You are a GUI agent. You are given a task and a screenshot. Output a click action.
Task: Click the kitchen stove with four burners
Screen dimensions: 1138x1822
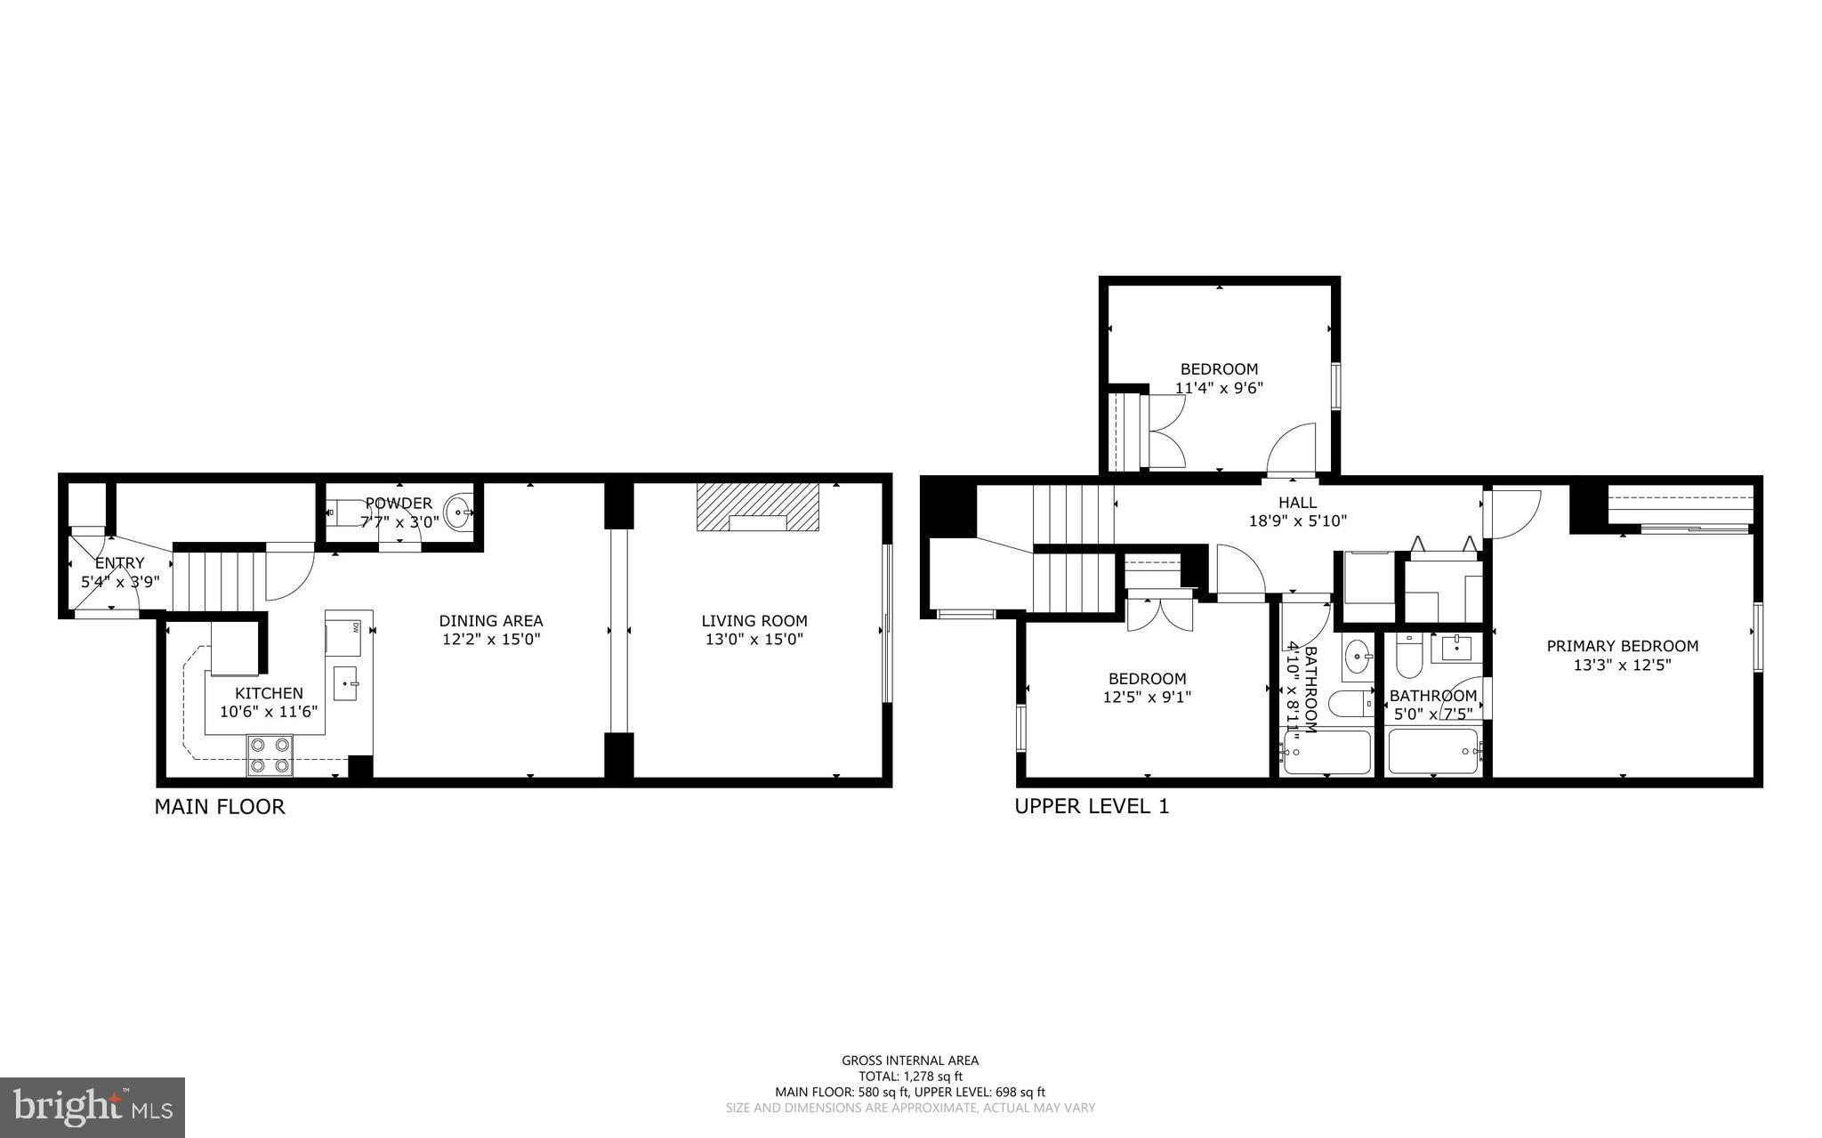[x=270, y=755]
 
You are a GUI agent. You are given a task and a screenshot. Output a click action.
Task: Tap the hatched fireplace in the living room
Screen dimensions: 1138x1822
[x=757, y=507]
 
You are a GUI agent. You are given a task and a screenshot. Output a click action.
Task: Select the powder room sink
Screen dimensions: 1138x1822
[x=459, y=513]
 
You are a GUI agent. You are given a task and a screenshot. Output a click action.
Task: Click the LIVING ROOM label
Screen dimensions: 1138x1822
[x=754, y=621]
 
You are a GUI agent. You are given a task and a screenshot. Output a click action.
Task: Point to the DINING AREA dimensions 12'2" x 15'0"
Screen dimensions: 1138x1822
[x=490, y=639]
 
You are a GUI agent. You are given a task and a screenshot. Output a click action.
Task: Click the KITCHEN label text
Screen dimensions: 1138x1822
[x=269, y=693]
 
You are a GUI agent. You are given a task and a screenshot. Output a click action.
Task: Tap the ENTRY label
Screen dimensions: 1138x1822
[x=119, y=563]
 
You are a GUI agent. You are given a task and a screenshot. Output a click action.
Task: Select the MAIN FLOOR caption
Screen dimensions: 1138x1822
[x=220, y=807]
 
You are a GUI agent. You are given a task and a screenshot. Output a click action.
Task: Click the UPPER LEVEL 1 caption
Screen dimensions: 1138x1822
[x=1092, y=806]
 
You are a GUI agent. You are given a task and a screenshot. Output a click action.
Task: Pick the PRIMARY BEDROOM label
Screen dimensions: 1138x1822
[x=1622, y=646]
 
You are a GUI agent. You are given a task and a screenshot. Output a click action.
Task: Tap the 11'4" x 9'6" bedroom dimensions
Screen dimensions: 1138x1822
[x=1219, y=388]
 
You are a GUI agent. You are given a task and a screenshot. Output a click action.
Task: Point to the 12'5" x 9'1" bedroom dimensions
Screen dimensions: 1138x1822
[x=1147, y=698]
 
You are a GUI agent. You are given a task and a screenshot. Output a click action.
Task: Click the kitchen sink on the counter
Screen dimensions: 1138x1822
[x=346, y=683]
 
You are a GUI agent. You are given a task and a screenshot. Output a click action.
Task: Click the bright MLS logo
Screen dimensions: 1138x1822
[x=93, y=1107]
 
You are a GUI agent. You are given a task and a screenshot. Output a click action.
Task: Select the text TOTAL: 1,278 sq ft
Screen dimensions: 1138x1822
[x=910, y=1076]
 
